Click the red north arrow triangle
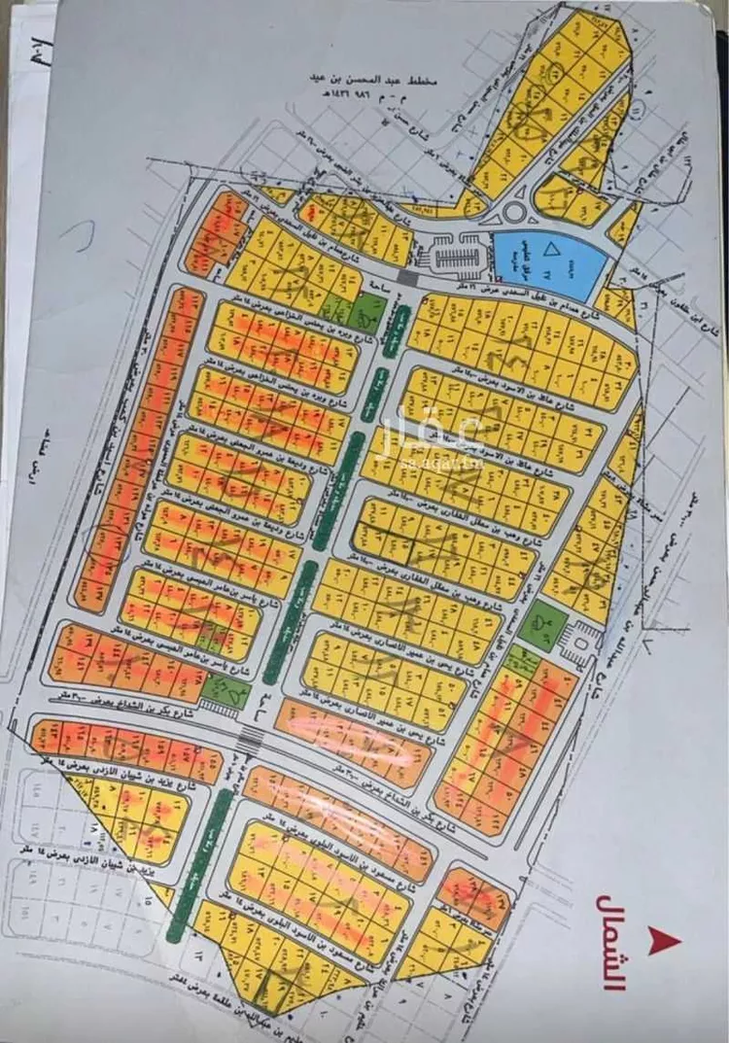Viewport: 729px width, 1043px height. tap(667, 940)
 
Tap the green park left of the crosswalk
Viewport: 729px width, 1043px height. tap(225, 690)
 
